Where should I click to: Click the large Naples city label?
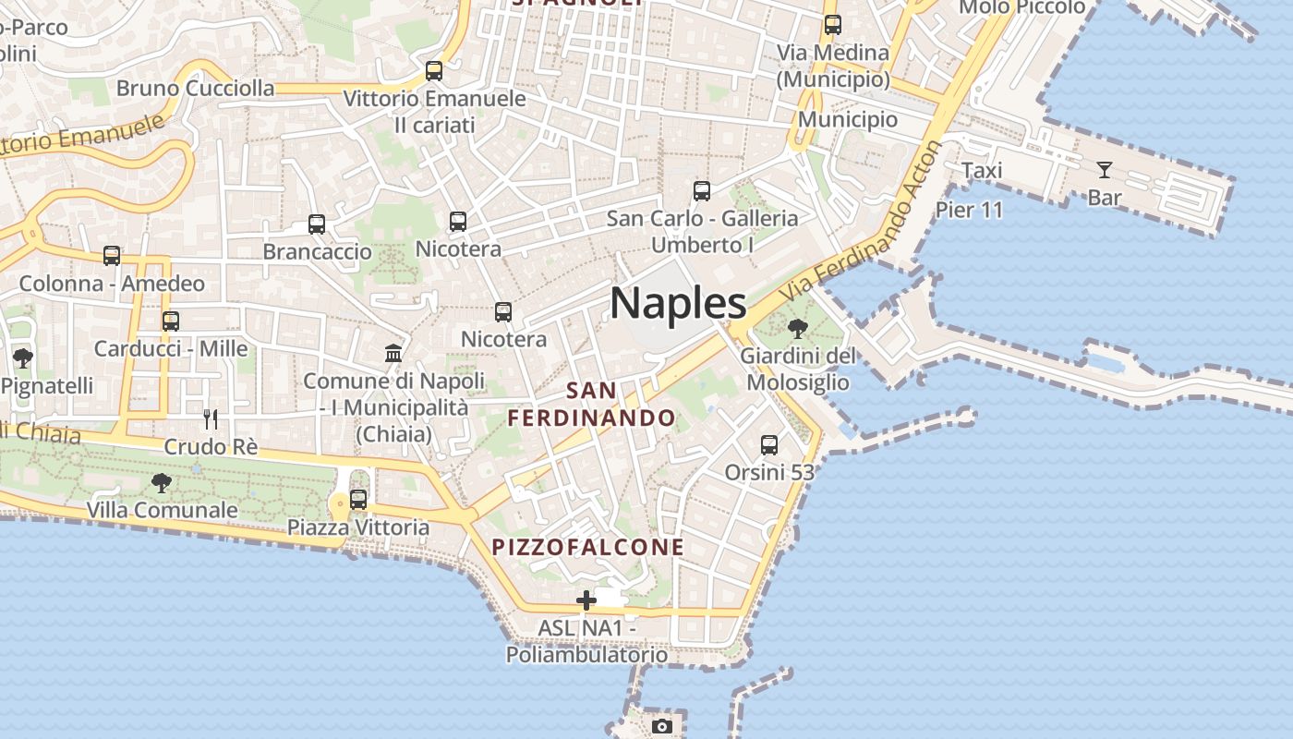(678, 303)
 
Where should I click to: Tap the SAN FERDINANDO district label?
(591, 404)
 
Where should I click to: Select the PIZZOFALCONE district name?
(588, 547)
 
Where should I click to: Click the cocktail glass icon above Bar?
(1104, 170)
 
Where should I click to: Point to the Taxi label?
(982, 171)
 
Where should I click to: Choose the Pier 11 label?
(969, 210)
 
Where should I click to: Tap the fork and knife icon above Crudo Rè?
(211, 419)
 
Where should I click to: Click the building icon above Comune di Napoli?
(393, 353)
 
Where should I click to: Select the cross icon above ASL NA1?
(586, 600)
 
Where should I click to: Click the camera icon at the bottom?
(661, 726)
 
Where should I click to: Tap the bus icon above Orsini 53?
(769, 445)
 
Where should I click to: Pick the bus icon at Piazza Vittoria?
(358, 500)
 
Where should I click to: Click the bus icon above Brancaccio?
(317, 224)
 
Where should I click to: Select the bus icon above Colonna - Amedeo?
(112, 256)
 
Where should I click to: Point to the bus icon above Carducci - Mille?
(171, 321)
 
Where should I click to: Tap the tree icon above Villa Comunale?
(162, 482)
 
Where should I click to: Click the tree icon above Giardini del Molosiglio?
(797, 328)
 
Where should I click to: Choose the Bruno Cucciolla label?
(196, 89)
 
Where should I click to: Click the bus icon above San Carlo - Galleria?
(702, 191)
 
